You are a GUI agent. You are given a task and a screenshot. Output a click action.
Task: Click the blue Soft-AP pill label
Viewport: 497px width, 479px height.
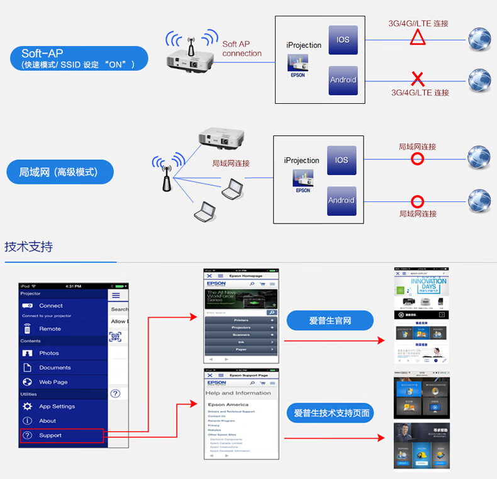point(79,59)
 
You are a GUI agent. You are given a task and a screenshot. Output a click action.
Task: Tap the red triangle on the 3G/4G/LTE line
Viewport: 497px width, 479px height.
point(418,38)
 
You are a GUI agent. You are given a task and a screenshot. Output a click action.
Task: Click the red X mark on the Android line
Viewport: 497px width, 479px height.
point(418,79)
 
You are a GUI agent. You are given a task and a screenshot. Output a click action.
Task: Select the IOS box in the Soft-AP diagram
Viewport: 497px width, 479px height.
point(343,40)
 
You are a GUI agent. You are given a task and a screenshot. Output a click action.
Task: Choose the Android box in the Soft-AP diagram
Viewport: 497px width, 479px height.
point(343,80)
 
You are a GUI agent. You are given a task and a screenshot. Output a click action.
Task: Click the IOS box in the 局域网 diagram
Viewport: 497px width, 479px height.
point(342,161)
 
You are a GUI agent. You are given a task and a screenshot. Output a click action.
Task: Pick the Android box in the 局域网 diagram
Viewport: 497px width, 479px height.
point(342,201)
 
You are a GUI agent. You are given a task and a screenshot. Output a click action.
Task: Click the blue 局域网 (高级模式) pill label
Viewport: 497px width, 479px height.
point(60,172)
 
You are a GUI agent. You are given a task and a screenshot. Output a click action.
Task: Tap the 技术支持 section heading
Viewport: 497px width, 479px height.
point(29,246)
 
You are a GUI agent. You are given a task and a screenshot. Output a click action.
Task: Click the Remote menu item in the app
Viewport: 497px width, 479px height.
point(50,329)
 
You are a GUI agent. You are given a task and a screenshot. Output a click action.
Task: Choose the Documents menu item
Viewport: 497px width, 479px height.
point(55,368)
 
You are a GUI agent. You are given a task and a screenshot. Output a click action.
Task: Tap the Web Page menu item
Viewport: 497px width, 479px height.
point(53,382)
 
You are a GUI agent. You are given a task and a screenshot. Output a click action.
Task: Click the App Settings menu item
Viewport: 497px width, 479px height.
point(57,407)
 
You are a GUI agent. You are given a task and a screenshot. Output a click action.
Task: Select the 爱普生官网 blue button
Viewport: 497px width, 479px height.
point(330,321)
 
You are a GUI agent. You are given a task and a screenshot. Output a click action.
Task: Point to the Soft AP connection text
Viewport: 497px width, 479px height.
point(242,49)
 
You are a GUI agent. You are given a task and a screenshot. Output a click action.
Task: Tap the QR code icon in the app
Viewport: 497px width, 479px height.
point(116,337)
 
